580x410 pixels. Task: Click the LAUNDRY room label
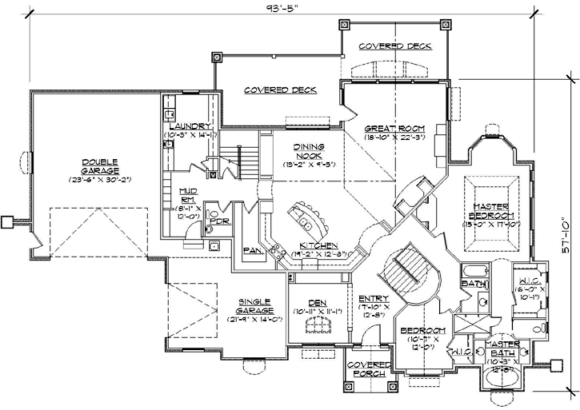pyautogui.click(x=190, y=126)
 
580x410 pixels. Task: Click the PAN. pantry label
pyautogui.click(x=250, y=250)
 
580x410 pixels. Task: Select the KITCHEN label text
pyautogui.click(x=318, y=245)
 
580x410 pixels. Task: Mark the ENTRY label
pyautogui.click(x=374, y=298)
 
